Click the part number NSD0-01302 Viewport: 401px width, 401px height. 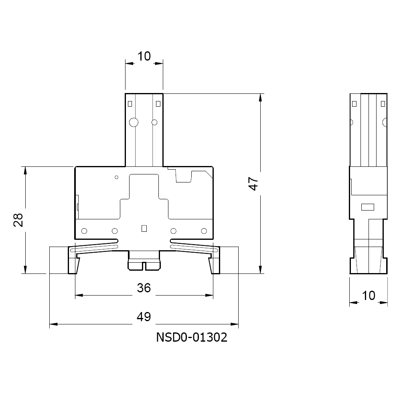click(x=192, y=337)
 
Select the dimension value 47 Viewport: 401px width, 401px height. click(x=253, y=184)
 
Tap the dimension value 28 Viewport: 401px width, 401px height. click(x=18, y=220)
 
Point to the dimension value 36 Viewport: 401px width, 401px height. click(x=144, y=288)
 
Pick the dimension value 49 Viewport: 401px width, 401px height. click(x=144, y=317)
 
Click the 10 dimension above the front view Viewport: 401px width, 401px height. click(x=144, y=56)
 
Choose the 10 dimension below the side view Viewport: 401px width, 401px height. click(x=369, y=296)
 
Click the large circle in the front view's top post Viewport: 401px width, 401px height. click(x=134, y=122)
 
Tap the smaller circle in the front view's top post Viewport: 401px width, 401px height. click(x=154, y=122)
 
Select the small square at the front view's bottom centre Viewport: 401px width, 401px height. click(x=144, y=229)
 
